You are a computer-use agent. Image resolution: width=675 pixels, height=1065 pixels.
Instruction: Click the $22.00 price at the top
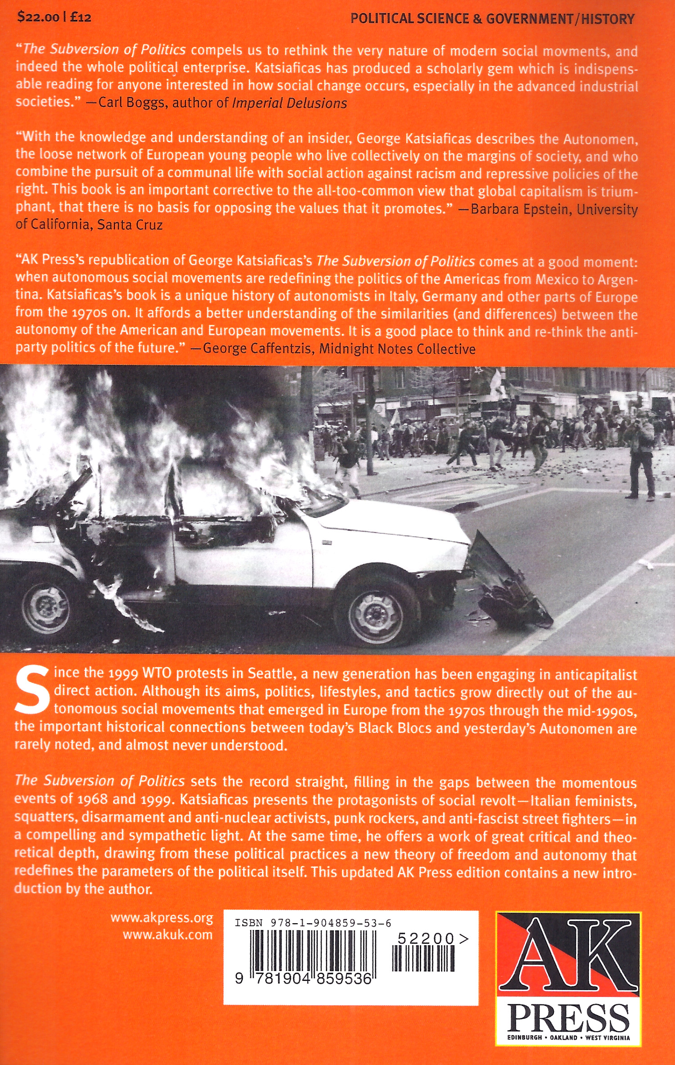pyautogui.click(x=38, y=17)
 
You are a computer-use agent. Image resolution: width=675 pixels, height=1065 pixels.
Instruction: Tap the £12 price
pyautogui.click(x=81, y=17)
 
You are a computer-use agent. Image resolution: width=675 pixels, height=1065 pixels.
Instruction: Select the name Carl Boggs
pyautogui.click(x=131, y=103)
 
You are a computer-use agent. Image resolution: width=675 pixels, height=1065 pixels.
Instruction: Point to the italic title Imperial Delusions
pyautogui.click(x=289, y=103)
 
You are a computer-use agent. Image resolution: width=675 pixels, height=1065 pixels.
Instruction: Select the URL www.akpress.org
pyautogui.click(x=162, y=917)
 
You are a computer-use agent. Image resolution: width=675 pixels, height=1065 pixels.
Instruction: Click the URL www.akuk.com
pyautogui.click(x=167, y=934)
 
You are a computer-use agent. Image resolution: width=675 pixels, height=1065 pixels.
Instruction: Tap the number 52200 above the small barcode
pyautogui.click(x=426, y=939)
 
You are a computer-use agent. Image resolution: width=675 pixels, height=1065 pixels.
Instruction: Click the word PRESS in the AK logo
pyautogui.click(x=568, y=1018)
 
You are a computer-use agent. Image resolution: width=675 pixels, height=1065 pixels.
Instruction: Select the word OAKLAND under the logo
pyautogui.click(x=563, y=1038)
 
